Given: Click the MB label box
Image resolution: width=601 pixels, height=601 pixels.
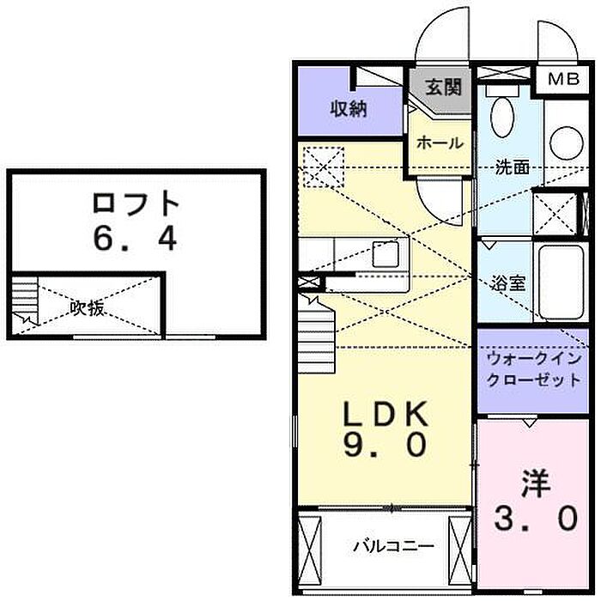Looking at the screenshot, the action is [x=563, y=79].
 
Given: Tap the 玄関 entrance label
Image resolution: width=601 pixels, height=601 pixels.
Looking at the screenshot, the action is [x=444, y=88].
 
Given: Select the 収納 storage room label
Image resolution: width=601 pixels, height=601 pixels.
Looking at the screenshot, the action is [x=349, y=109].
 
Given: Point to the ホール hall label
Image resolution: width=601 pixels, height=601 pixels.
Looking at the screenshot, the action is [x=440, y=143].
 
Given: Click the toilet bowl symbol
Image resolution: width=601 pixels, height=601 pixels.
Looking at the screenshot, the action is [x=502, y=117].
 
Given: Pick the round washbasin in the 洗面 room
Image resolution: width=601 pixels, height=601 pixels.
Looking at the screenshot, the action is [x=566, y=143].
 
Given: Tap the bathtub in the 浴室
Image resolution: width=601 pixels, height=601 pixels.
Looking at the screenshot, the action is [x=561, y=282].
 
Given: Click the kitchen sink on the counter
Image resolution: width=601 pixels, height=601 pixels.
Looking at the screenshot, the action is [x=385, y=254].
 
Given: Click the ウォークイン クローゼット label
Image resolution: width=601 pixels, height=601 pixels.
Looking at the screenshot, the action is [x=534, y=369].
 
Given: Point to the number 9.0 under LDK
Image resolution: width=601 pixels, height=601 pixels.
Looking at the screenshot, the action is [x=385, y=445].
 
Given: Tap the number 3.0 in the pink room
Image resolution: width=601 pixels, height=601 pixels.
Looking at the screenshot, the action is [x=536, y=519].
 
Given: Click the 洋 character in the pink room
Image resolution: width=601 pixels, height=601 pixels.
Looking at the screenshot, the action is [x=536, y=484].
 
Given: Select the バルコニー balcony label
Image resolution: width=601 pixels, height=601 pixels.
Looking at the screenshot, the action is [x=393, y=546].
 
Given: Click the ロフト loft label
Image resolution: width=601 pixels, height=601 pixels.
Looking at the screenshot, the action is [x=136, y=204].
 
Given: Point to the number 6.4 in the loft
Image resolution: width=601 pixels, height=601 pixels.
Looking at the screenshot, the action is [x=135, y=239].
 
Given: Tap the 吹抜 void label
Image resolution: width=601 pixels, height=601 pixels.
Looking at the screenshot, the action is [x=87, y=307].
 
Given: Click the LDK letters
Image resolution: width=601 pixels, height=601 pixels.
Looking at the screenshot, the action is [x=385, y=414].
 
